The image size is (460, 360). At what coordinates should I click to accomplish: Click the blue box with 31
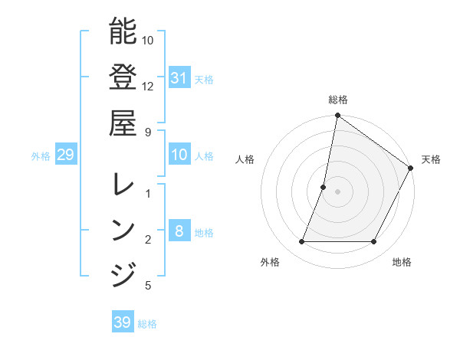pyautogui.click(x=179, y=77)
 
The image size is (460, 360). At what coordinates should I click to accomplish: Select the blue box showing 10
pyautogui.click(x=179, y=155)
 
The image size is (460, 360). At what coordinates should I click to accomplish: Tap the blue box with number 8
pyautogui.click(x=179, y=231)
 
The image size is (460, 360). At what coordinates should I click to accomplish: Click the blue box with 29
pyautogui.click(x=65, y=155)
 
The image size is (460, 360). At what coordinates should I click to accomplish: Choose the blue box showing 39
pyautogui.click(x=123, y=322)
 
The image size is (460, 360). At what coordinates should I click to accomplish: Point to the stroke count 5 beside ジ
pyautogui.click(x=148, y=286)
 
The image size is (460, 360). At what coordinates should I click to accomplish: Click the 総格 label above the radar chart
pyautogui.click(x=338, y=100)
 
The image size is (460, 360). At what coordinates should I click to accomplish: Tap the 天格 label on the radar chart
pyautogui.click(x=431, y=159)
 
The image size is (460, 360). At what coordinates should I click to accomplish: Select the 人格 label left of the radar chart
pyautogui.click(x=245, y=159)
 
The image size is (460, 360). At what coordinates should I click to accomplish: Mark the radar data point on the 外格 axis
pyautogui.click(x=301, y=242)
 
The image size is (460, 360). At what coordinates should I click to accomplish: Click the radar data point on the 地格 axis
pyautogui.click(x=374, y=242)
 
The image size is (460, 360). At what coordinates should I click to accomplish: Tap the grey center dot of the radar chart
pyautogui.click(x=338, y=191)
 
